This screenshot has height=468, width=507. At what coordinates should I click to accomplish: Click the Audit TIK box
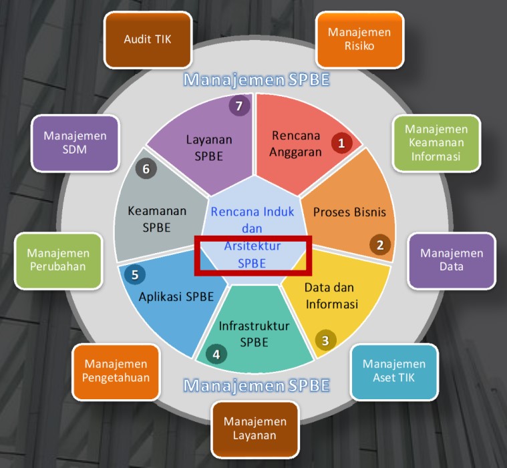point(148,40)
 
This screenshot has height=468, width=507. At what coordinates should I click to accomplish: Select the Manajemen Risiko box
point(359,39)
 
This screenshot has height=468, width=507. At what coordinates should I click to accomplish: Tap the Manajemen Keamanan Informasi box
point(436,143)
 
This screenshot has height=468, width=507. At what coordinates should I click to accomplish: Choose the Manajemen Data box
point(452,260)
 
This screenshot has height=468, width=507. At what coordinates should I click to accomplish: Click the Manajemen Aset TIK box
point(395,372)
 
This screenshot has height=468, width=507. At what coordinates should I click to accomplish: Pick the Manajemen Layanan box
point(255,429)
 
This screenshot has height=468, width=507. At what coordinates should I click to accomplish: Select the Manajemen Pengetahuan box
point(116,372)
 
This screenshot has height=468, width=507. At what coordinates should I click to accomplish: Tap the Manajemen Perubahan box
point(59,260)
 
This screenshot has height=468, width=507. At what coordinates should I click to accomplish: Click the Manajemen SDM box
point(75,143)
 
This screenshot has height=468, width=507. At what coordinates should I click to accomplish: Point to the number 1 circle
point(341,143)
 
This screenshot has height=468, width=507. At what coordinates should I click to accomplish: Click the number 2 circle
point(380,244)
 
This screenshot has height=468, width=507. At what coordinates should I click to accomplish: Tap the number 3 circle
point(325,340)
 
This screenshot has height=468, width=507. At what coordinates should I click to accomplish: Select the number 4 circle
point(216,355)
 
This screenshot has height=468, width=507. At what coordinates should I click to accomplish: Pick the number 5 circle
point(135,274)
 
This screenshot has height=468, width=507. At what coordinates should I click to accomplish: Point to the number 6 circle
point(146,169)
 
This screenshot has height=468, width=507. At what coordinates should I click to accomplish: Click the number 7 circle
point(239,105)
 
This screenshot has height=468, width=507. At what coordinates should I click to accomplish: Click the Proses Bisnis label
point(349,212)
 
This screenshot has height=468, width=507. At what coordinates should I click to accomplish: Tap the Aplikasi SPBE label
point(176,296)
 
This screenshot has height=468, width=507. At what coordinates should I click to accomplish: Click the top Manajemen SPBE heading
point(257,80)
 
